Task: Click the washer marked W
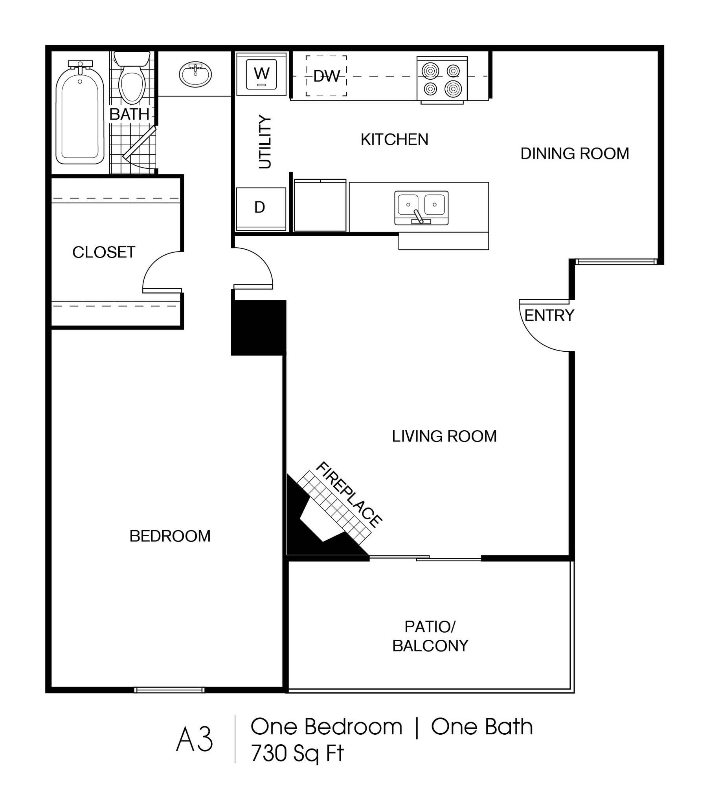261,74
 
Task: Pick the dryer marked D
261,209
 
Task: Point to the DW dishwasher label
327,76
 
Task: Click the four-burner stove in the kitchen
442,80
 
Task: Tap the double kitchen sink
421,208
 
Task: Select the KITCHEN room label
395,139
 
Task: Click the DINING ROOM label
575,153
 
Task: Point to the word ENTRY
549,315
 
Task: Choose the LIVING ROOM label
444,436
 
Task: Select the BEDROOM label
170,536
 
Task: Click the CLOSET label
104,252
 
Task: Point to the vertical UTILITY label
265,142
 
